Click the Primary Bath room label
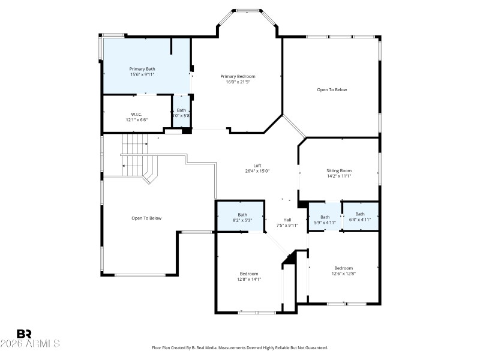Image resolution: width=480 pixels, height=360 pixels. click(x=142, y=70)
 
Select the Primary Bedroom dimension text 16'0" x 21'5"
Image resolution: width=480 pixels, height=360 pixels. click(x=238, y=82)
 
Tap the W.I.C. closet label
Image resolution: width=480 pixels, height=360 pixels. click(x=136, y=114)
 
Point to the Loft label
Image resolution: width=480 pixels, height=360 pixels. click(x=257, y=165)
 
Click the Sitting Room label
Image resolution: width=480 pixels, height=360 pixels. click(x=339, y=170)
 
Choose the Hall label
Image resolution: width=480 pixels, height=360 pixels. click(x=287, y=220)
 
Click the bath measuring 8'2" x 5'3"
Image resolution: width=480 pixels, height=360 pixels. click(x=242, y=217)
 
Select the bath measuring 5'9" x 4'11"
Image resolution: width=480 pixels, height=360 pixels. click(x=325, y=220)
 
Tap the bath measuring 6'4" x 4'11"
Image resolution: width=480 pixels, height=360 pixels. click(x=360, y=217)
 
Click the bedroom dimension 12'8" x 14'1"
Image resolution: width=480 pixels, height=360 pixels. click(x=249, y=279)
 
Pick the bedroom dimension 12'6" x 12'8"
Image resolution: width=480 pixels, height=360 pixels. click(x=344, y=274)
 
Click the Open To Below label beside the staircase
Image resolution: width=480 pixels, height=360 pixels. click(x=146, y=218)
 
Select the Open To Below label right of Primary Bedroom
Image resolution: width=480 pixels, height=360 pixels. click(x=332, y=89)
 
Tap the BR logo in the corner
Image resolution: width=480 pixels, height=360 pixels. click(x=24, y=334)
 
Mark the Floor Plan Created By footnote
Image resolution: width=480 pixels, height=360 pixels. click(x=240, y=348)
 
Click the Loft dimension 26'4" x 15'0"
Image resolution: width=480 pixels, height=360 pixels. click(x=257, y=171)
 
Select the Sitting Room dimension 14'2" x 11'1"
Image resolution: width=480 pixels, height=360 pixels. click(x=339, y=176)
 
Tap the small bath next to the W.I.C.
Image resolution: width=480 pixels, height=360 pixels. click(x=181, y=113)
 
